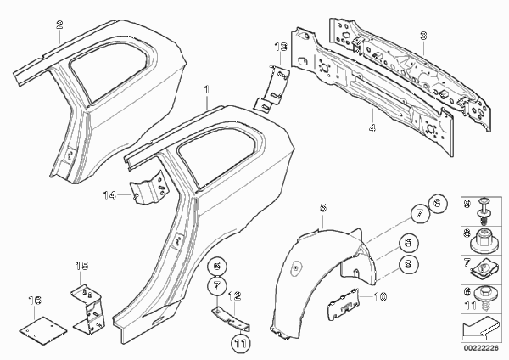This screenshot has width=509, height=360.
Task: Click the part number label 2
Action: (59, 25)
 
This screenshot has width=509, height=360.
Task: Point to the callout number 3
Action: (423, 36)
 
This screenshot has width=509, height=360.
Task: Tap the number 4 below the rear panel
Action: (372, 127)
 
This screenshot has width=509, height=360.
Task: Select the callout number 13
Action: (281, 47)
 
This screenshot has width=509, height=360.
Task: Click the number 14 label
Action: (109, 195)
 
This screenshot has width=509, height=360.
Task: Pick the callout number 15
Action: (81, 266)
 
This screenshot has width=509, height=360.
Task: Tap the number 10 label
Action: (380, 296)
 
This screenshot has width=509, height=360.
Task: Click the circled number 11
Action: (241, 344)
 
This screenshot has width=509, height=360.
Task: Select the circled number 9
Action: (409, 264)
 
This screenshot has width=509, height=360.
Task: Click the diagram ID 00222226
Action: (481, 348)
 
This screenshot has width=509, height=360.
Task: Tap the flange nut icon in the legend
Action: (484, 241)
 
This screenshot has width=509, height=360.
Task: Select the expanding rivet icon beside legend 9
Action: (483, 211)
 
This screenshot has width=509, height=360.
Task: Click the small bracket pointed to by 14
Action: (148, 188)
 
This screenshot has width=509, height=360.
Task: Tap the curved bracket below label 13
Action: (272, 88)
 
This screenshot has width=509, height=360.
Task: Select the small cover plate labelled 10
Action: (344, 304)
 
